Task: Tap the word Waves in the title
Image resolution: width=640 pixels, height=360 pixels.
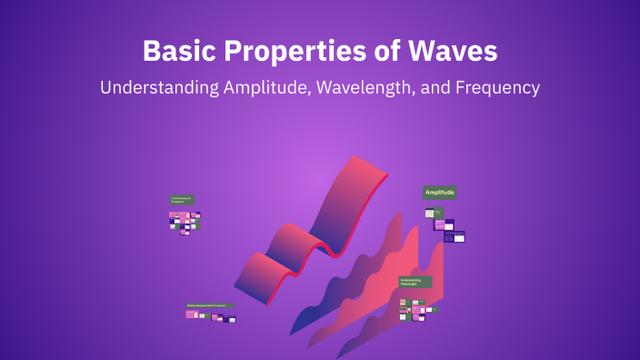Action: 458,51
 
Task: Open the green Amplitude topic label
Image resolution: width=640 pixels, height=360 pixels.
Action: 440,192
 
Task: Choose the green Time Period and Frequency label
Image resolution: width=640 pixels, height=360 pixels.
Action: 181,199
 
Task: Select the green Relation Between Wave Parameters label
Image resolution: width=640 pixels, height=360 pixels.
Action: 209,305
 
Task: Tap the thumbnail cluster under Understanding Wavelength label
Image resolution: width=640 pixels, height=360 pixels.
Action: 418,309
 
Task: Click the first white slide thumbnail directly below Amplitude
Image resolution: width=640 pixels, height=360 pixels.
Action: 430,214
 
